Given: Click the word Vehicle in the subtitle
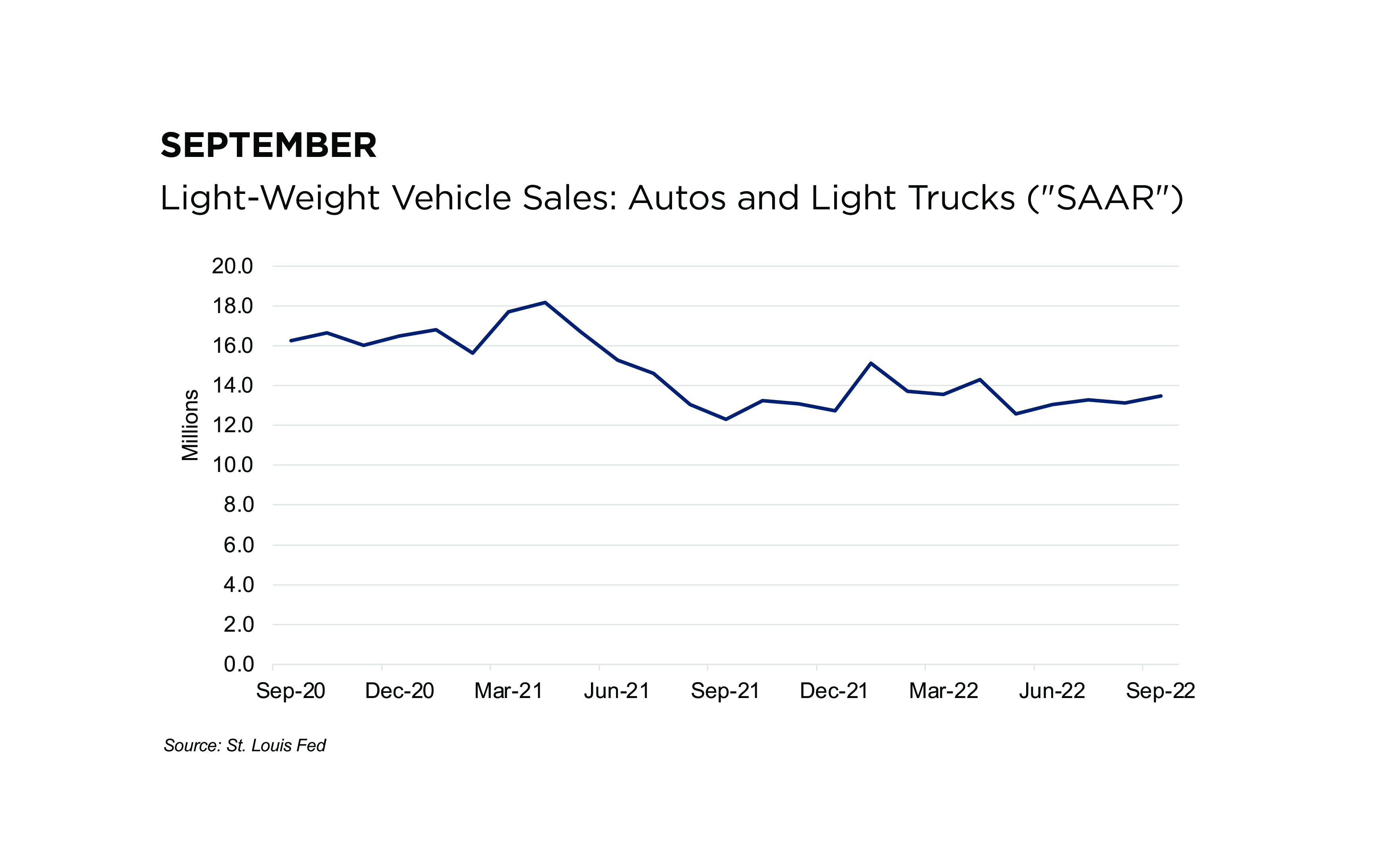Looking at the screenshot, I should (451, 198).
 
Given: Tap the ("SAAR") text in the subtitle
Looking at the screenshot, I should (1105, 198).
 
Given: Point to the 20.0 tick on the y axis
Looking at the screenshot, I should (232, 266).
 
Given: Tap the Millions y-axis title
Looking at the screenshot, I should (190, 425).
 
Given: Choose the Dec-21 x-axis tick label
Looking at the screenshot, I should (834, 691).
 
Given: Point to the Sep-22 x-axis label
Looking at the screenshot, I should (1160, 691).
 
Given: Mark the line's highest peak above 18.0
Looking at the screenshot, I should (545, 302).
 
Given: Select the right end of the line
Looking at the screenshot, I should (1160, 396).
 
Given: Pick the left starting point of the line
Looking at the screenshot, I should (291, 341).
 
